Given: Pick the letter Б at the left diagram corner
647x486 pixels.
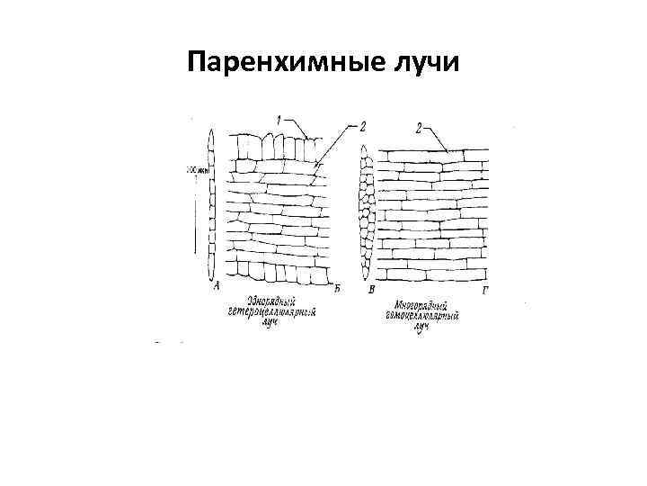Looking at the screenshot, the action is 336,287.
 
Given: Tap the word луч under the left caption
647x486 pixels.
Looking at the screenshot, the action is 270,323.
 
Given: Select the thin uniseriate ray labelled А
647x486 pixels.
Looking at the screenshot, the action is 211,207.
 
